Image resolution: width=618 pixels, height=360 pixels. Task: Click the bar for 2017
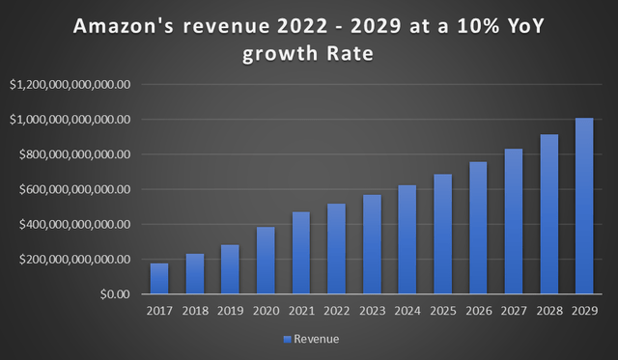click(x=159, y=279)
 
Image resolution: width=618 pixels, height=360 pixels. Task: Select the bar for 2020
click(x=266, y=261)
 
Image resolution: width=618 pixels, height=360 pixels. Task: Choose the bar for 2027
click(x=514, y=221)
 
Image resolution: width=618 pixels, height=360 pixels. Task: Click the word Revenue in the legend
click(x=318, y=339)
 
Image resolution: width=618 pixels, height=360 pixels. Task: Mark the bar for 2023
click(x=372, y=244)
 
